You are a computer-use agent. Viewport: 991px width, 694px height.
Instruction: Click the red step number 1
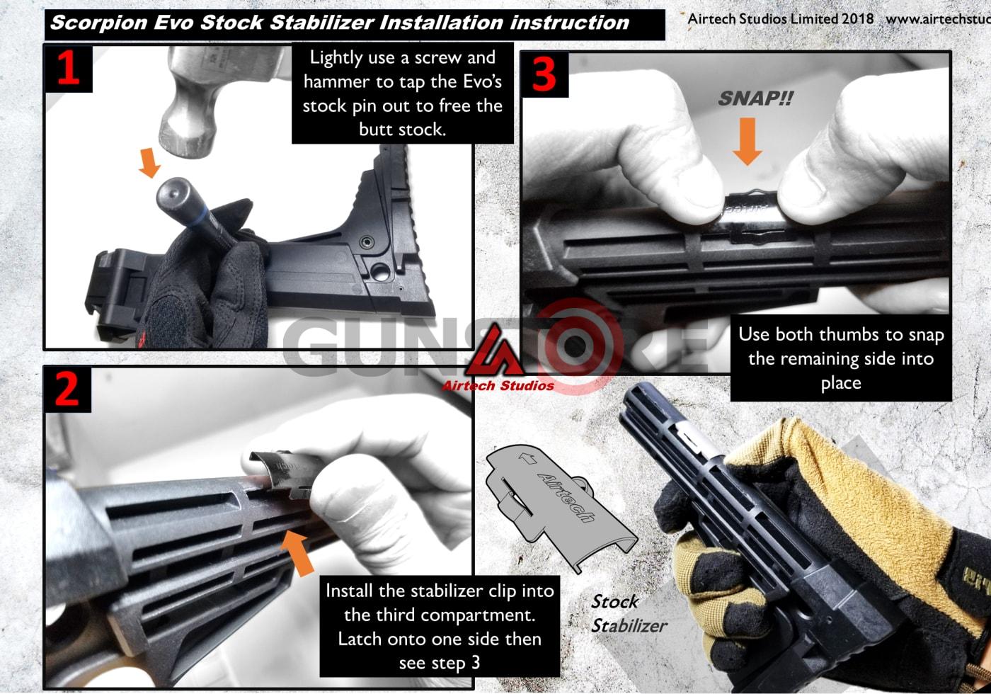tap(68, 69)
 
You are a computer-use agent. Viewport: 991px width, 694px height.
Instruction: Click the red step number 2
tap(67, 389)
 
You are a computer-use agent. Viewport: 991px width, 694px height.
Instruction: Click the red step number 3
tap(544, 75)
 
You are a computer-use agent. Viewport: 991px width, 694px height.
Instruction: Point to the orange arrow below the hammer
tap(149, 163)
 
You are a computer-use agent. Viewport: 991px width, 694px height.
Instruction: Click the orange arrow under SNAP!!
tap(747, 141)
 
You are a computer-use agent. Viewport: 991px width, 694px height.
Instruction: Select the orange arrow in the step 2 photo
tap(297, 552)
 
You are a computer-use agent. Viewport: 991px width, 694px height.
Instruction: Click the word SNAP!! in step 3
tap(755, 99)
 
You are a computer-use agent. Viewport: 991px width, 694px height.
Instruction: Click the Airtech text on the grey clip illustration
tap(566, 496)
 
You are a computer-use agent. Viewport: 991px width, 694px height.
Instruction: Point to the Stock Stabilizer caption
tap(626, 614)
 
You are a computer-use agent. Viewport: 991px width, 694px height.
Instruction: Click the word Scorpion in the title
tap(99, 23)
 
